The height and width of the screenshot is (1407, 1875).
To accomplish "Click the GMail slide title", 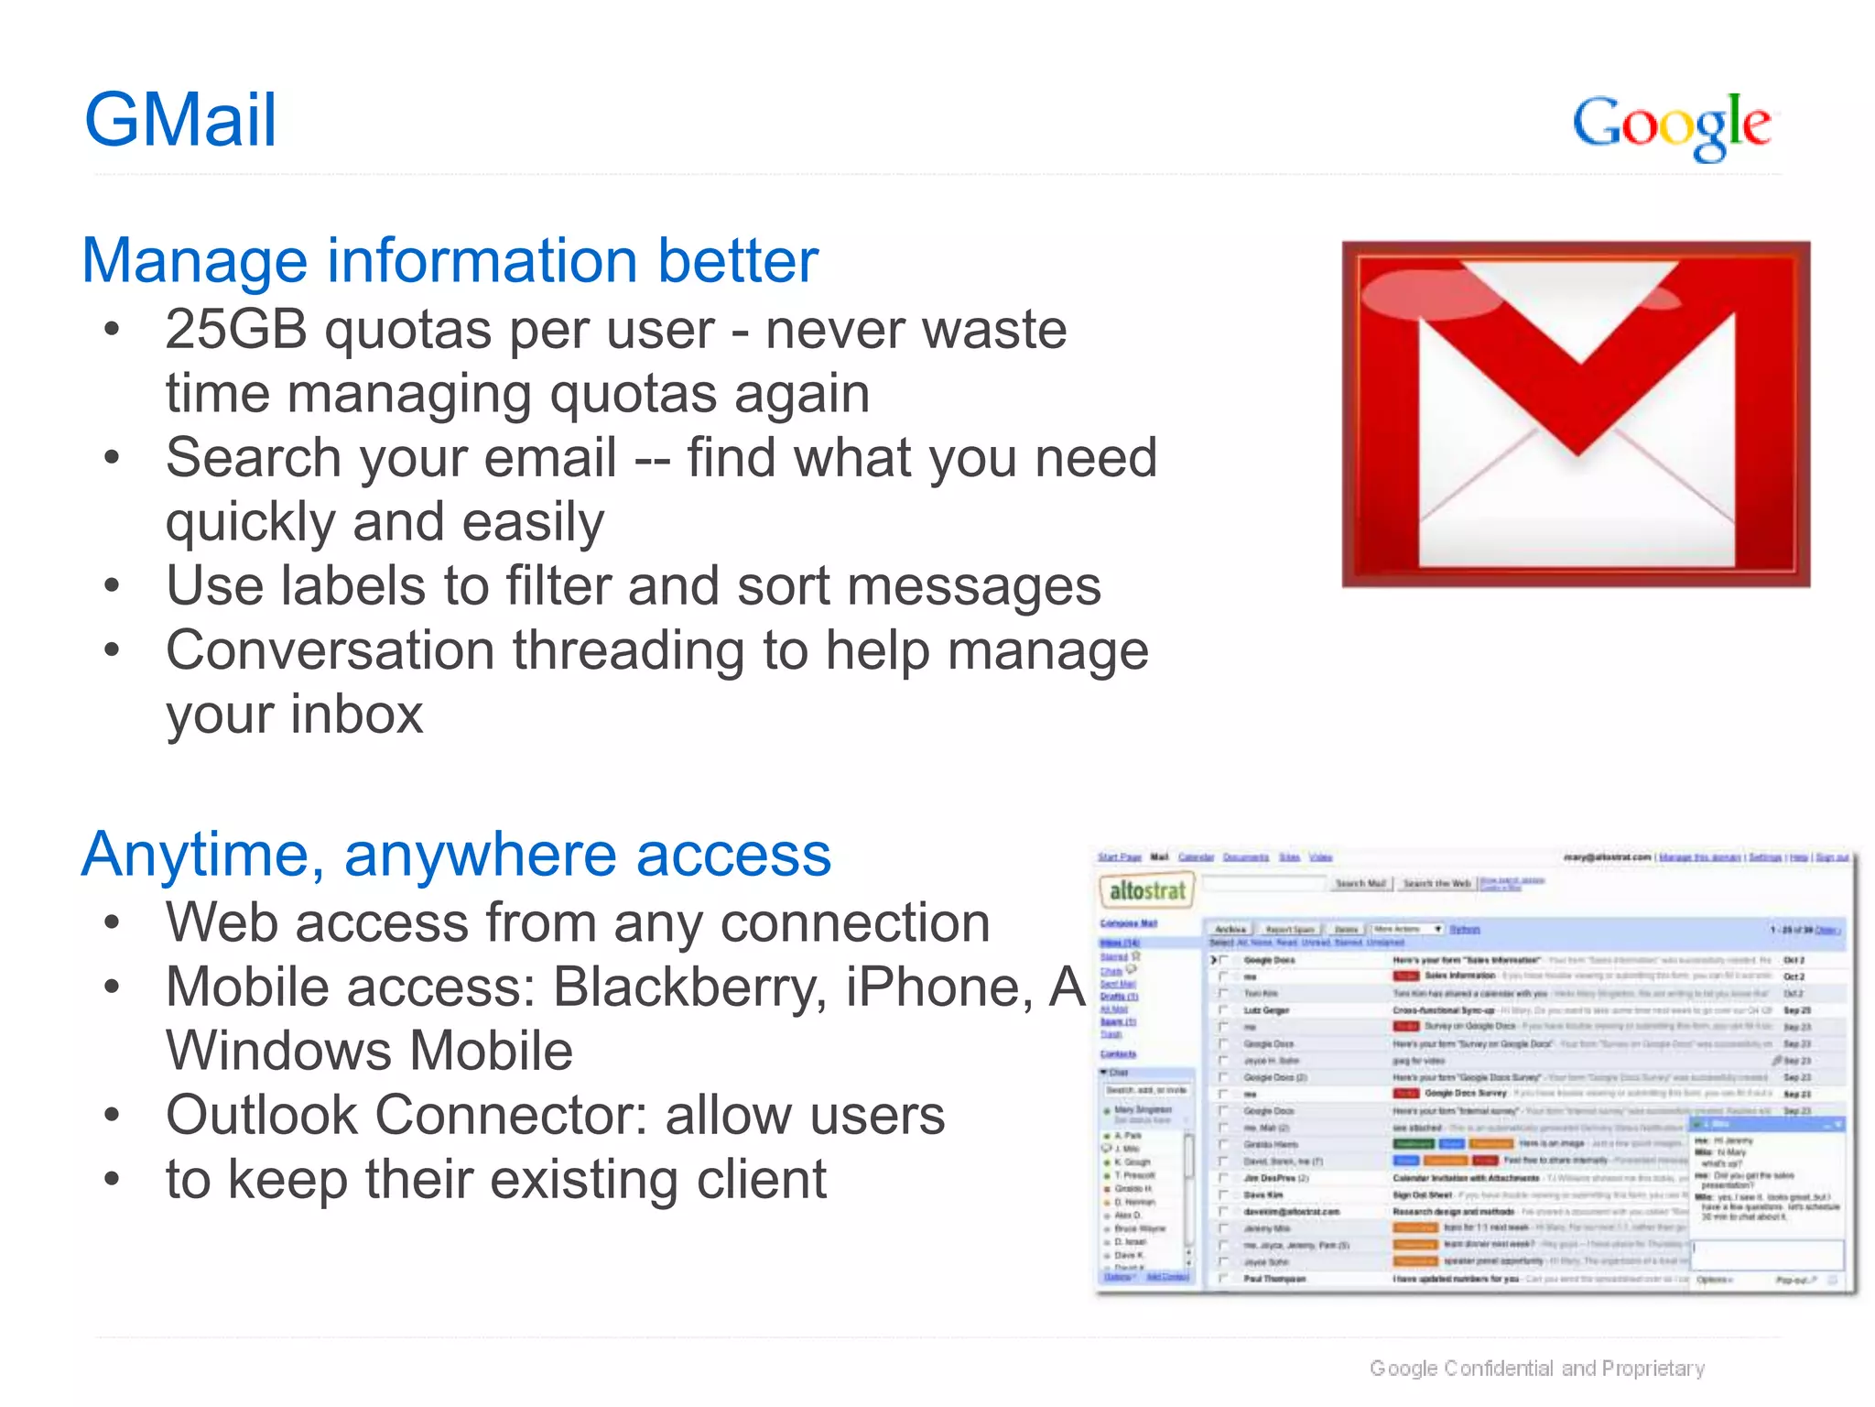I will coord(180,120).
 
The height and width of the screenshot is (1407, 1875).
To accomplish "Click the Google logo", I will coord(1672,126).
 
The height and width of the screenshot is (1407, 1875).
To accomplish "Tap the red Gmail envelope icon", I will coord(1576,414).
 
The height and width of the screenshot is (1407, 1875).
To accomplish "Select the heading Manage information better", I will coord(450,261).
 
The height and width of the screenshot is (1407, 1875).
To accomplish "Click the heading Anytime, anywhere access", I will coord(456,855).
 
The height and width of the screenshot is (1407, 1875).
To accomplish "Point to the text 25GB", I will coord(236,330).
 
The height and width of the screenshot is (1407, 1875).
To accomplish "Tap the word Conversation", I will coord(331,650).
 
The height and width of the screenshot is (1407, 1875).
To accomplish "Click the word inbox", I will coord(357,714).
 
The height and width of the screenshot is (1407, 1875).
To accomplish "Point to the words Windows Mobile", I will coord(369,1052).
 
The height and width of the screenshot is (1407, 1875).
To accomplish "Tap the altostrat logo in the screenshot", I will coord(1146,890).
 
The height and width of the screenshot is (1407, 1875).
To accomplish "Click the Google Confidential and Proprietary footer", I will coord(1536,1369).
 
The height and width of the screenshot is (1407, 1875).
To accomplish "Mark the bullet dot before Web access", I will coord(112,923).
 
